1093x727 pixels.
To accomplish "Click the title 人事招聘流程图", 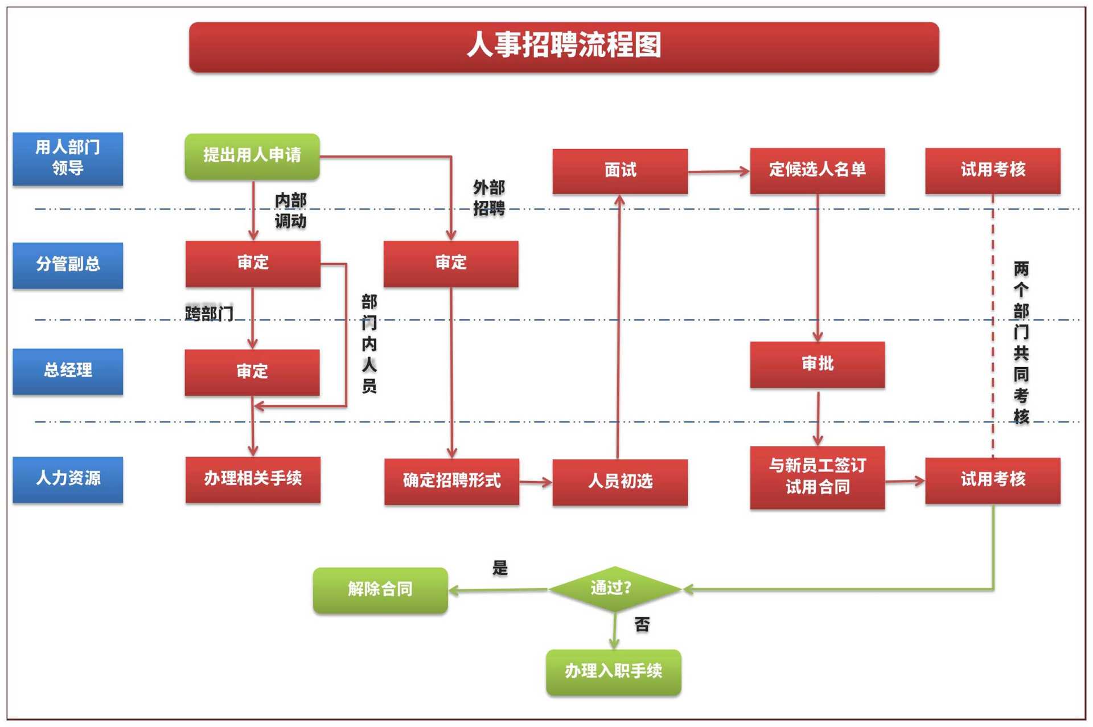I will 564,46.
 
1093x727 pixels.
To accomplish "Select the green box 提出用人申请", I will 252,156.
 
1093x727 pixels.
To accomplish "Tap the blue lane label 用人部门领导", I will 68,158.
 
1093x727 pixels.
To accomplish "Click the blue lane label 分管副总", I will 68,265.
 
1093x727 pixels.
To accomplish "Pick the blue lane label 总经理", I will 68,371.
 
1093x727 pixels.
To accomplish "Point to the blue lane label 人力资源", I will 68,479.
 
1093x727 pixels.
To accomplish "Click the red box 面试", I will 620,171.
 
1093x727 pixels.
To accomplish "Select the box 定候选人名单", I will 817,170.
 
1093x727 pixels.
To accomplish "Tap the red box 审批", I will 817,364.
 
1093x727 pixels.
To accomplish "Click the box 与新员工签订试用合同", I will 817,477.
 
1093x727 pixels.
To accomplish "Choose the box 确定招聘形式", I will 451,481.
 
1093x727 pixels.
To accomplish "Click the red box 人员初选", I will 620,482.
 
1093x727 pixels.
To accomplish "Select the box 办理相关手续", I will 253,479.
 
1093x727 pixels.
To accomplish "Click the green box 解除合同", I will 380,590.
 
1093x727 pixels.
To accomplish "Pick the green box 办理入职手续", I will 613,672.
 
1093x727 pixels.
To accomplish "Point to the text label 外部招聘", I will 489,198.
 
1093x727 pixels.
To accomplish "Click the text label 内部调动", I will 290,211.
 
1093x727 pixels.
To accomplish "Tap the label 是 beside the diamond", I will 500,568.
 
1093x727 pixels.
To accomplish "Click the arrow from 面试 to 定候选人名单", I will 718,171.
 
